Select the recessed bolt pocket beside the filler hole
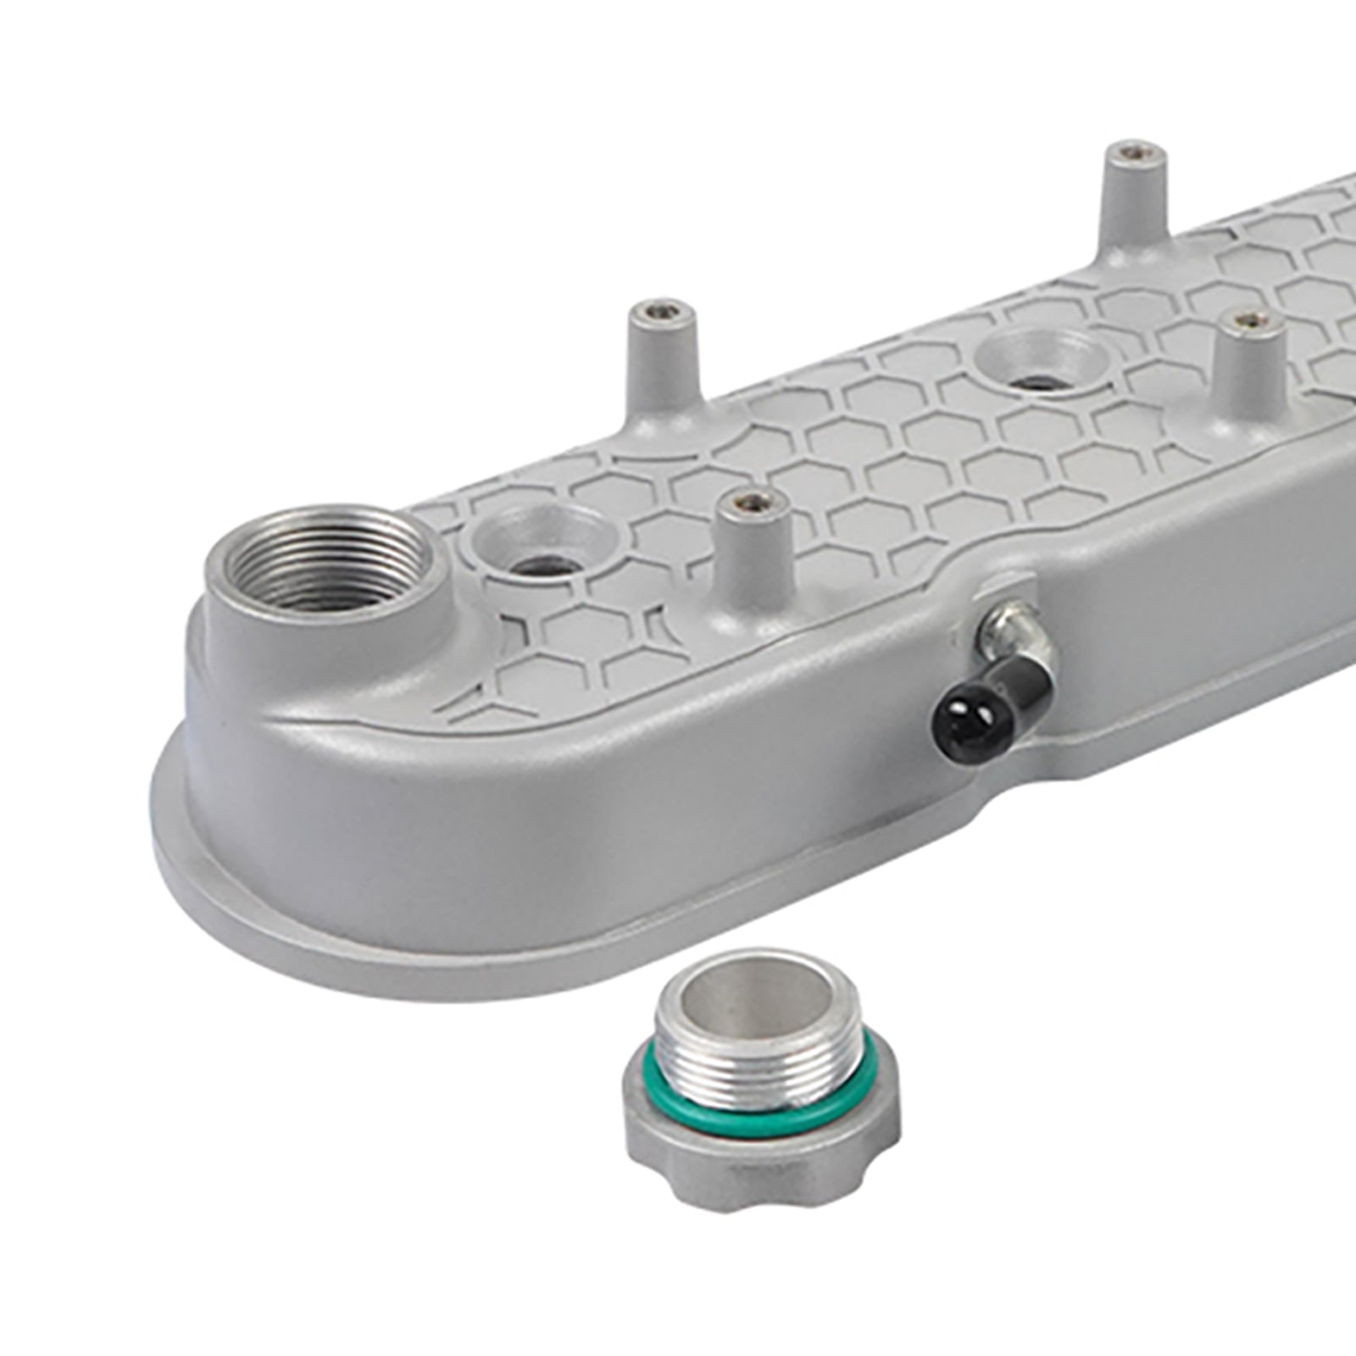[x=542, y=542]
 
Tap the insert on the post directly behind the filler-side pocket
[x=661, y=311]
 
